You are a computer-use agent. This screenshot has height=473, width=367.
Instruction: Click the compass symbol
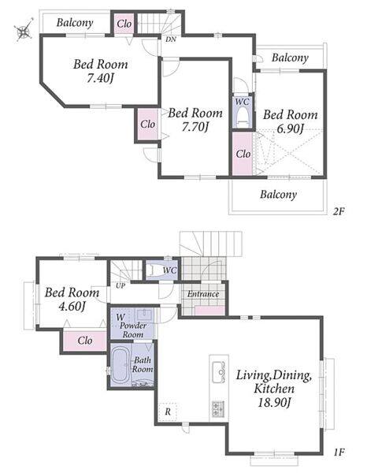(24, 30)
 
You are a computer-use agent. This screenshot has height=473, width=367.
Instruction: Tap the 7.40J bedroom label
(101, 71)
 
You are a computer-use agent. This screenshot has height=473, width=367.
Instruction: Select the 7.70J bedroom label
(195, 120)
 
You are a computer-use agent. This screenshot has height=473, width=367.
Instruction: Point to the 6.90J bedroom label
(290, 121)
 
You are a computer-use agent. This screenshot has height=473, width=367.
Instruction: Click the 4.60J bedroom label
(72, 300)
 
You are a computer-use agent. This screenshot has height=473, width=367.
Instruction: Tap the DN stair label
(171, 39)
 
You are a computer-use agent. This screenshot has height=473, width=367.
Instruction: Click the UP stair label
(120, 285)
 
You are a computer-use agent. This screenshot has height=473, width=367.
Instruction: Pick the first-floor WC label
(169, 270)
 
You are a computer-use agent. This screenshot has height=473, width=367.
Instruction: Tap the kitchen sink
(218, 371)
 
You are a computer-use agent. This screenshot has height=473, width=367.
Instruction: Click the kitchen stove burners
(218, 409)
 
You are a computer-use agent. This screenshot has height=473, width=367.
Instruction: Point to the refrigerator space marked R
(168, 412)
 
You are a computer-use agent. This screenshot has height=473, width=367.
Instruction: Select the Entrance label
(203, 294)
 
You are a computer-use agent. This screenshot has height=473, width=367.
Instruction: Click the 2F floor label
(339, 211)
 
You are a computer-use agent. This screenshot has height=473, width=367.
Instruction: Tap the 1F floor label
(339, 452)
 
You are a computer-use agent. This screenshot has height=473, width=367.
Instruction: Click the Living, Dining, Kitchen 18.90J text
(273, 389)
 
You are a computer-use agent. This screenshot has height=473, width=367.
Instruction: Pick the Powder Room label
(133, 330)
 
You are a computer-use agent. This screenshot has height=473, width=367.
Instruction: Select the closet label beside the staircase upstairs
(124, 24)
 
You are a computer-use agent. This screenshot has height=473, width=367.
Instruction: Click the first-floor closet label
(85, 341)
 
